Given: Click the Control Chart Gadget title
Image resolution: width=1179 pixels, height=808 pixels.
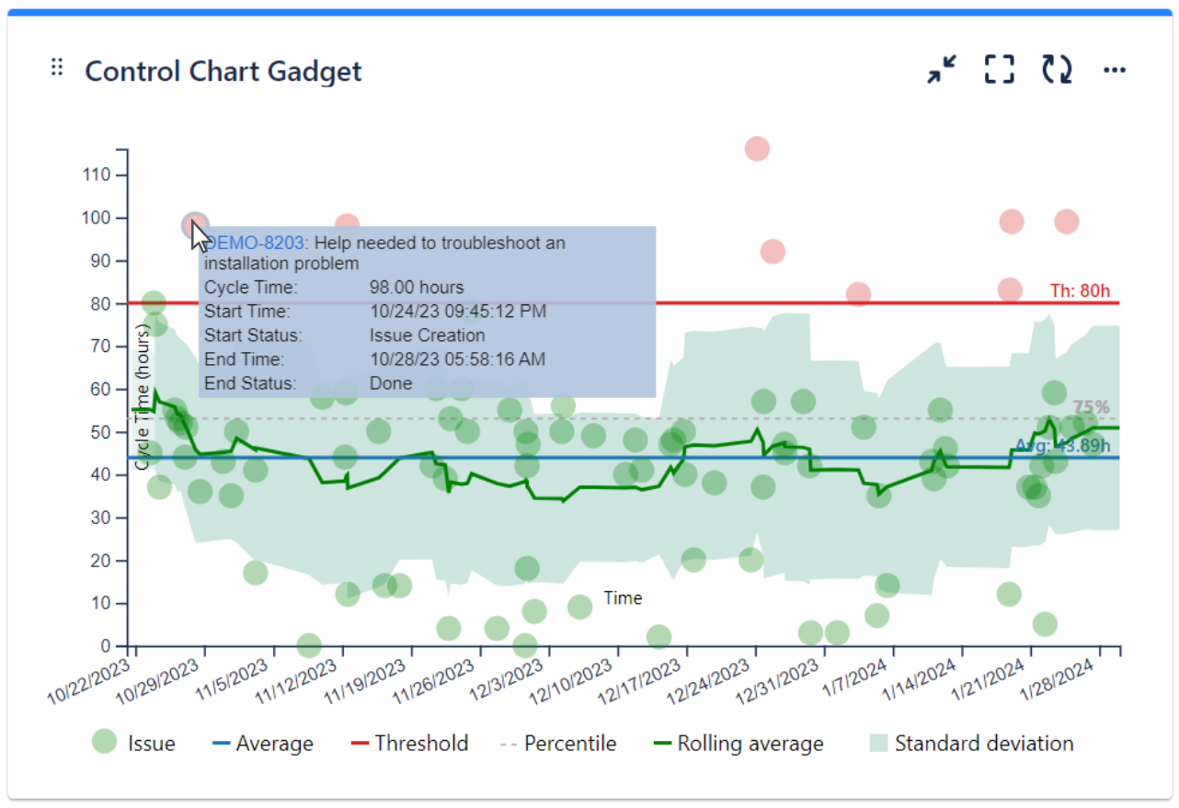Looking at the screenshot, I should pos(223,71).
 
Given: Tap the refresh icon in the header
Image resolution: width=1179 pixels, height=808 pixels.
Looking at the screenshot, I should pos(1057,69).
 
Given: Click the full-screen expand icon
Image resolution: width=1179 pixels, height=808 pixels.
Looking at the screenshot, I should pos(999,69).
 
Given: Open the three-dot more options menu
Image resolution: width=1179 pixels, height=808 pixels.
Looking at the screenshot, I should pos(1115,70).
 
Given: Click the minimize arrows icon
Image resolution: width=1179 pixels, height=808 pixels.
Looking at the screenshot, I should pos(942,69).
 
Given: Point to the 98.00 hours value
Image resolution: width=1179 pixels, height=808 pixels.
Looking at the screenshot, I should pos(417,288).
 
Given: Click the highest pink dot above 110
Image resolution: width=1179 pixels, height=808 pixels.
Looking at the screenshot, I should pos(757,149).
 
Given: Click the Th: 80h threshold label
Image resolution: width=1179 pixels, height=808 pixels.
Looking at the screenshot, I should pos(1080,290).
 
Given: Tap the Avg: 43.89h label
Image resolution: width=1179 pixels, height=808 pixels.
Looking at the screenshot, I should pos(1058,446).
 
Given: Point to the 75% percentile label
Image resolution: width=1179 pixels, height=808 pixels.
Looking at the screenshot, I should pos(1091,407).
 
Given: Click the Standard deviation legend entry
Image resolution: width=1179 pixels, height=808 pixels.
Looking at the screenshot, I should pos(983,744).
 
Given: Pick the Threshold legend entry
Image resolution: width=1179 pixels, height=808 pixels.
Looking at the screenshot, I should pos(420,744).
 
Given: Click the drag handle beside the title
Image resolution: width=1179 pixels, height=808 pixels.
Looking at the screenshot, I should pos(57,68).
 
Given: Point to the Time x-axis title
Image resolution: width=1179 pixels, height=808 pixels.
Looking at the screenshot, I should pos(623,598).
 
